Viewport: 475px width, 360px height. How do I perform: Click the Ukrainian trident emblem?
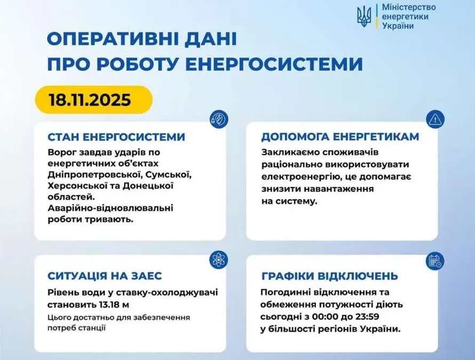(x=364, y=17)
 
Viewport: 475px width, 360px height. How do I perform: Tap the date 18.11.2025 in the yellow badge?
(x=90, y=100)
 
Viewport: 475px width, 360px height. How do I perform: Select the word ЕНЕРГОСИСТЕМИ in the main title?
(x=274, y=63)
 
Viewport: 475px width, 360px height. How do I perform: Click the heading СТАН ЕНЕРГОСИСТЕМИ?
(x=116, y=137)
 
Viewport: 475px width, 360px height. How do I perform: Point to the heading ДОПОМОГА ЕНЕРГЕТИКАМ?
(x=340, y=137)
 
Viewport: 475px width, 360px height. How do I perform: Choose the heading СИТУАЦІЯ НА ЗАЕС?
(x=105, y=276)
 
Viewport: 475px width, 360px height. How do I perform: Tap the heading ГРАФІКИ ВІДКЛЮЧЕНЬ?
(x=330, y=276)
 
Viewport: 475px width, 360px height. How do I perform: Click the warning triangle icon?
(x=435, y=119)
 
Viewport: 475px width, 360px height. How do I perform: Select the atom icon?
(x=218, y=260)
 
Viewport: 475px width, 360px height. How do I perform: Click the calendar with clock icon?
(x=435, y=261)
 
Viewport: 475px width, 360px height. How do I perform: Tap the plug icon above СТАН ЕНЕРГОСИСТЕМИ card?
(x=219, y=119)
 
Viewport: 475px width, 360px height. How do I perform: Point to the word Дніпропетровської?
(x=94, y=175)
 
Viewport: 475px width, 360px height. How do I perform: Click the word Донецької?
(x=148, y=186)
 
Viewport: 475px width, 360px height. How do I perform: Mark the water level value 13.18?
(x=109, y=305)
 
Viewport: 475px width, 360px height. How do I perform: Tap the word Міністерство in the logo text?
(x=409, y=7)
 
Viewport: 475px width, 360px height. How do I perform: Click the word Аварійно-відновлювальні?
(x=110, y=208)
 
